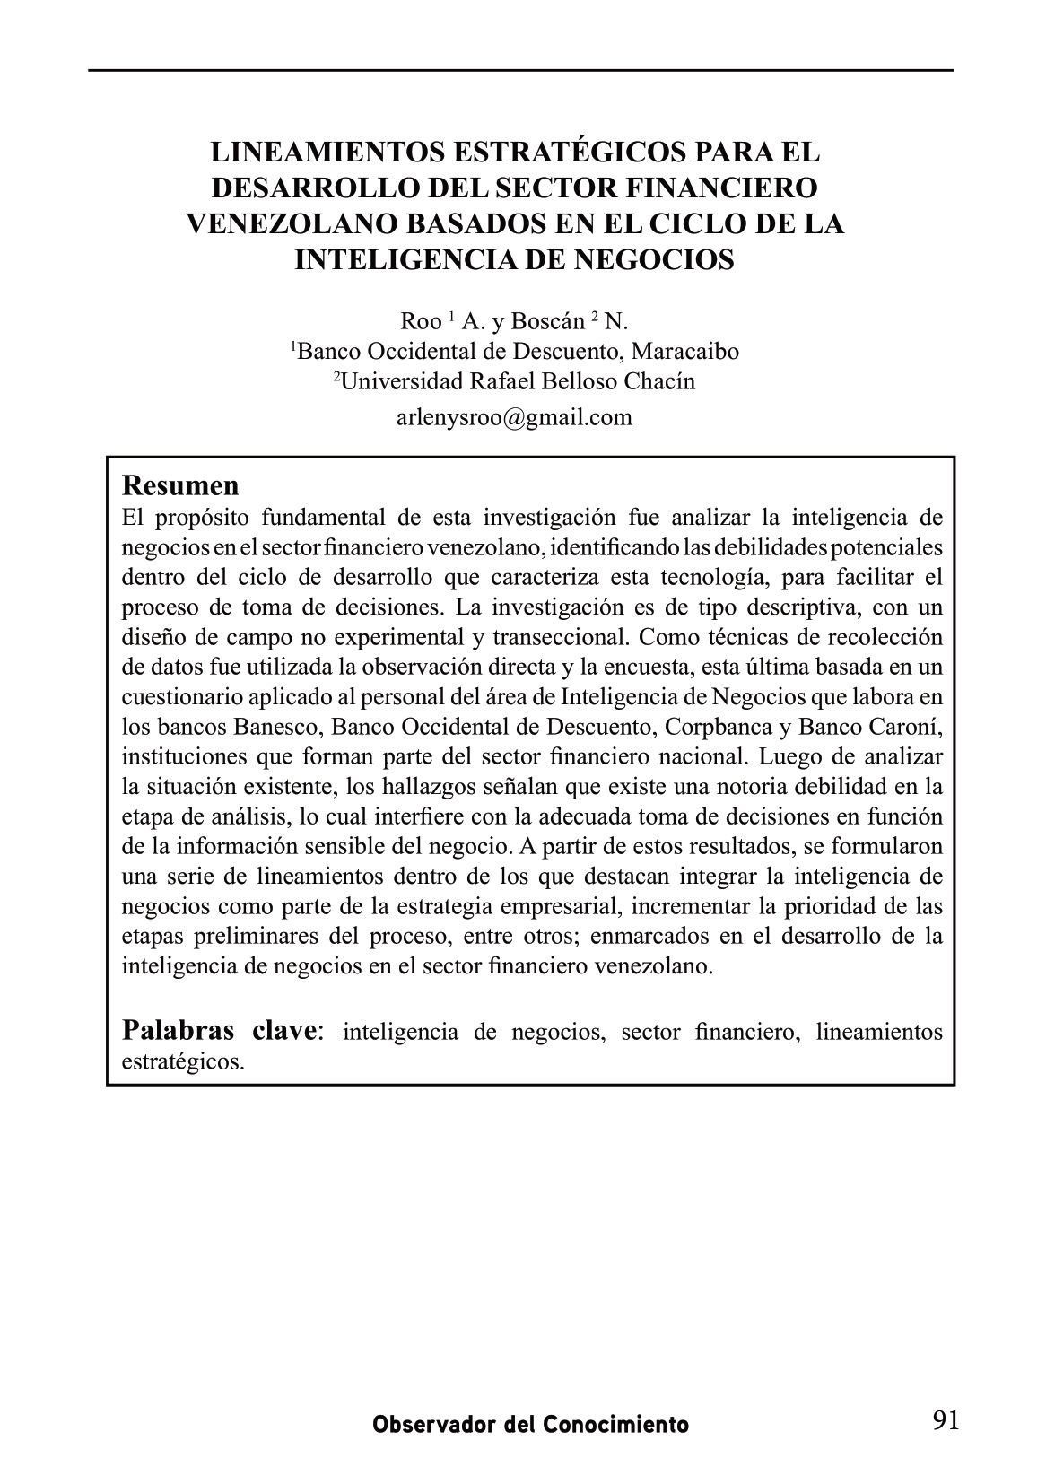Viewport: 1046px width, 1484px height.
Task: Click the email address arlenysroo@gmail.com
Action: click(514, 417)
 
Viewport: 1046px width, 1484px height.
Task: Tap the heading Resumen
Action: click(180, 486)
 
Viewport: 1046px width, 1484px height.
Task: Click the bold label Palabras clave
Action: click(219, 1030)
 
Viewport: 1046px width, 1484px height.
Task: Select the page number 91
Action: click(946, 1420)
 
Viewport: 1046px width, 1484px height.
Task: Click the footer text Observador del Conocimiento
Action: click(531, 1424)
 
